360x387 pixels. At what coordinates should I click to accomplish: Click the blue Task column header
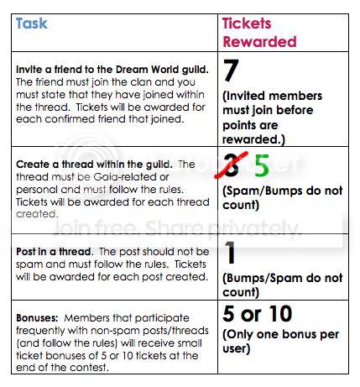32,24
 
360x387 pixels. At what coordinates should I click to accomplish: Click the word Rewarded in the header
259,42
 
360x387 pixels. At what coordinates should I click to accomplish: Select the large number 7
231,70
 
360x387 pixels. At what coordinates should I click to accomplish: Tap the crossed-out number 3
232,165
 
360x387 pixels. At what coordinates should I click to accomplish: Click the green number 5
262,165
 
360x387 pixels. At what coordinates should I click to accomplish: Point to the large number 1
230,253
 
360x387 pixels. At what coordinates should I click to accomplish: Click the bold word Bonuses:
37,318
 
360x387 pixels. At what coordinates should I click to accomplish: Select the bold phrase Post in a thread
55,252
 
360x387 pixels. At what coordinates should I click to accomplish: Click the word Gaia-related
131,177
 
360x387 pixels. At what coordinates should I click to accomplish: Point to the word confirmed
70,119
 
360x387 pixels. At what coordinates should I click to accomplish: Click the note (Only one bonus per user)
280,342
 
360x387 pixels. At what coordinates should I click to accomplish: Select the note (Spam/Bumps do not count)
283,197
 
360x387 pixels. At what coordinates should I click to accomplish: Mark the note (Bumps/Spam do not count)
283,285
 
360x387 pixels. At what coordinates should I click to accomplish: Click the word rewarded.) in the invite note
253,139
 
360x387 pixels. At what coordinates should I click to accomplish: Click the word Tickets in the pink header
247,24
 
